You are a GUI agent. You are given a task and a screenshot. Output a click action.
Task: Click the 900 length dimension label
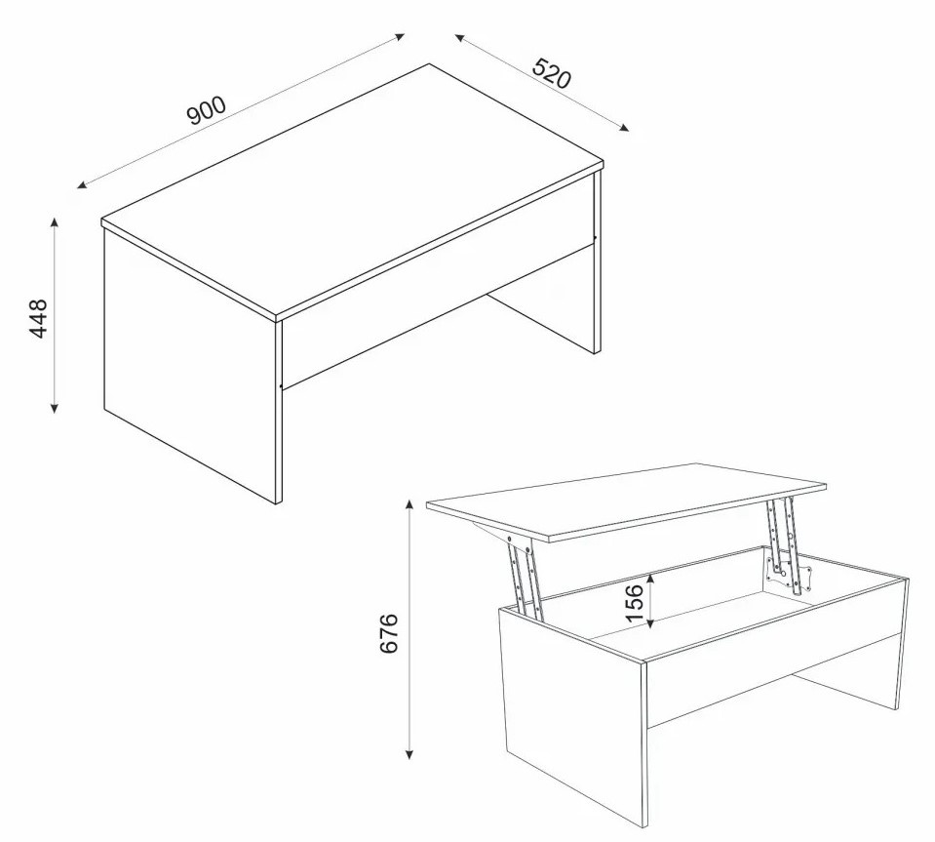(207, 110)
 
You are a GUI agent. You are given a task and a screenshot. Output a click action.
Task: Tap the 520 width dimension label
(551, 73)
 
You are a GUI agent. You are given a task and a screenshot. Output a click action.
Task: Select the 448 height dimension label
(38, 319)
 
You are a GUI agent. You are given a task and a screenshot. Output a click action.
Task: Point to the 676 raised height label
(388, 633)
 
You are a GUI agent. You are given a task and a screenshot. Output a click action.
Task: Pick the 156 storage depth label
(635, 603)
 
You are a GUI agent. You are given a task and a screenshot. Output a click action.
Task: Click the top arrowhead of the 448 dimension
(55, 222)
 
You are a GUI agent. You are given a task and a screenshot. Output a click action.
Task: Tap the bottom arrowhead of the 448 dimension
(55, 408)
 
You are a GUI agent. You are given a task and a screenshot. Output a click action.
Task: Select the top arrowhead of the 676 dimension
(409, 504)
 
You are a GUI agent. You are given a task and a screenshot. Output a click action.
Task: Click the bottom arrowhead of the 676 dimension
(409, 754)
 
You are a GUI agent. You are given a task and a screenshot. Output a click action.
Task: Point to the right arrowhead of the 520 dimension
(624, 127)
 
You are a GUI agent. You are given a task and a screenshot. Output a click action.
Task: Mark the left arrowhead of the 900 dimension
(82, 185)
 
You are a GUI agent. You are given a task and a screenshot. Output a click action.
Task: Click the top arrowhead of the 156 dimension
(650, 576)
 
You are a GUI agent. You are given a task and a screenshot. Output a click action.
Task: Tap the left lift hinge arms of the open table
(525, 577)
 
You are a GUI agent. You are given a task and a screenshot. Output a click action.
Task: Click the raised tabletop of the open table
(626, 501)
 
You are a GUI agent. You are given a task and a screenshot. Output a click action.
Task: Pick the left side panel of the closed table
(190, 365)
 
